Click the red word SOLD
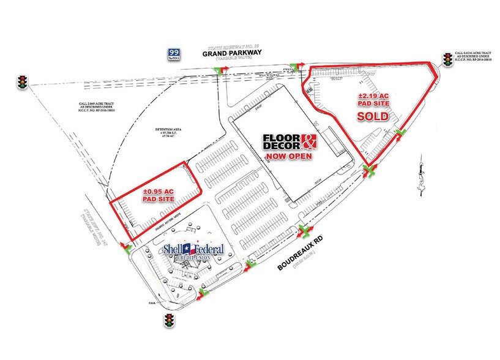(x=373, y=116)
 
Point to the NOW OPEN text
(x=289, y=156)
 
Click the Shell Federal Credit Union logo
(x=192, y=252)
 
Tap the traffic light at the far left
(x=23, y=82)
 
